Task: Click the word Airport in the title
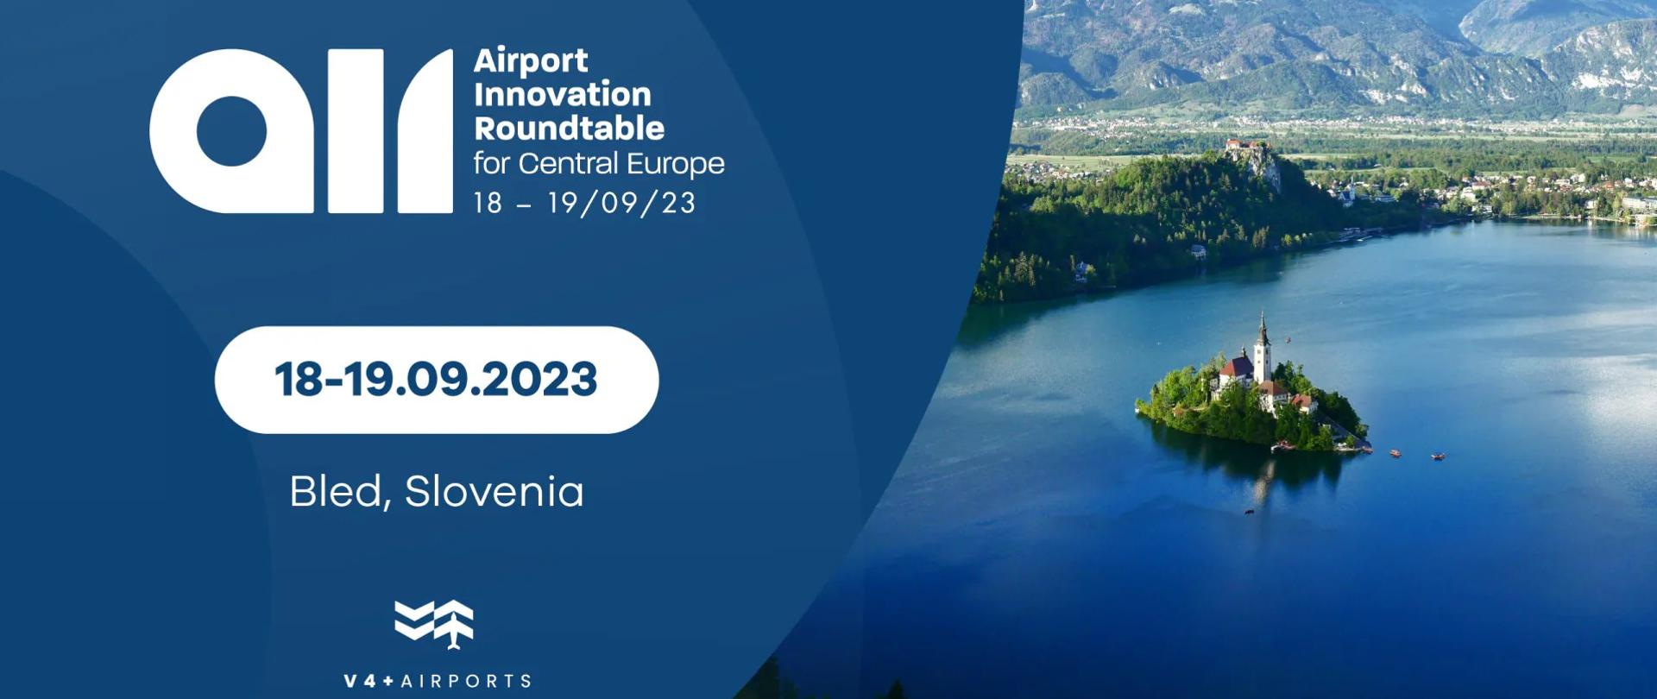tap(531, 61)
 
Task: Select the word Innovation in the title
tap(562, 95)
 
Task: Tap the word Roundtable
tap(569, 129)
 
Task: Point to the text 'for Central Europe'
tap(598, 164)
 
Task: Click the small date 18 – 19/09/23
tap(584, 203)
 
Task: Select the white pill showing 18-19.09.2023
tap(436, 380)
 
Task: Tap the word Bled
tap(335, 492)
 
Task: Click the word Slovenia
tap(494, 492)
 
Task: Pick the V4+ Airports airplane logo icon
tap(434, 623)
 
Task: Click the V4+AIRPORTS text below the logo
tap(438, 681)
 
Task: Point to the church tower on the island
tap(1263, 349)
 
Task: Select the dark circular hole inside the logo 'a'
tap(231, 131)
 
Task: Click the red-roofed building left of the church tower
tap(1236, 370)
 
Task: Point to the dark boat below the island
tap(1249, 513)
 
